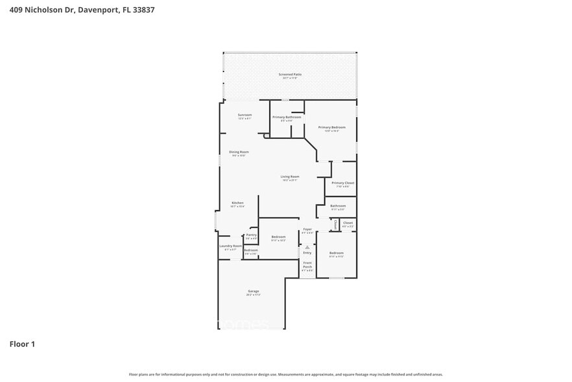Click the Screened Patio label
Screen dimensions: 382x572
pos(290,75)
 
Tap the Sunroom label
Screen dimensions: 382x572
pos(244,114)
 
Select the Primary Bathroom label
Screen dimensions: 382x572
pos(287,117)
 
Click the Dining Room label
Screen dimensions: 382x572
pos(239,152)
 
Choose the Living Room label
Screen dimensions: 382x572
pos(290,177)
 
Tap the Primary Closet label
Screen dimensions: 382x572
pos(342,183)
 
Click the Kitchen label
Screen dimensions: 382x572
pos(237,203)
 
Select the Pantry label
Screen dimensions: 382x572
pos(252,235)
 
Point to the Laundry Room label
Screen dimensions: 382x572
pos(230,246)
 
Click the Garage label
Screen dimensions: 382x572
pos(253,291)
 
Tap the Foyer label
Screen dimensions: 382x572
pos(307,229)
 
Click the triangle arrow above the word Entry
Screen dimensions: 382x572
pos(307,247)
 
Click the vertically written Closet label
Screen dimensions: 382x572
pos(335,224)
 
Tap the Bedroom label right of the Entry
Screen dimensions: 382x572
pos(336,253)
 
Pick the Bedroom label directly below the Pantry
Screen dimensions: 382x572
pos(251,250)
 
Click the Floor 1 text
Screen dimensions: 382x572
pos(22,344)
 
